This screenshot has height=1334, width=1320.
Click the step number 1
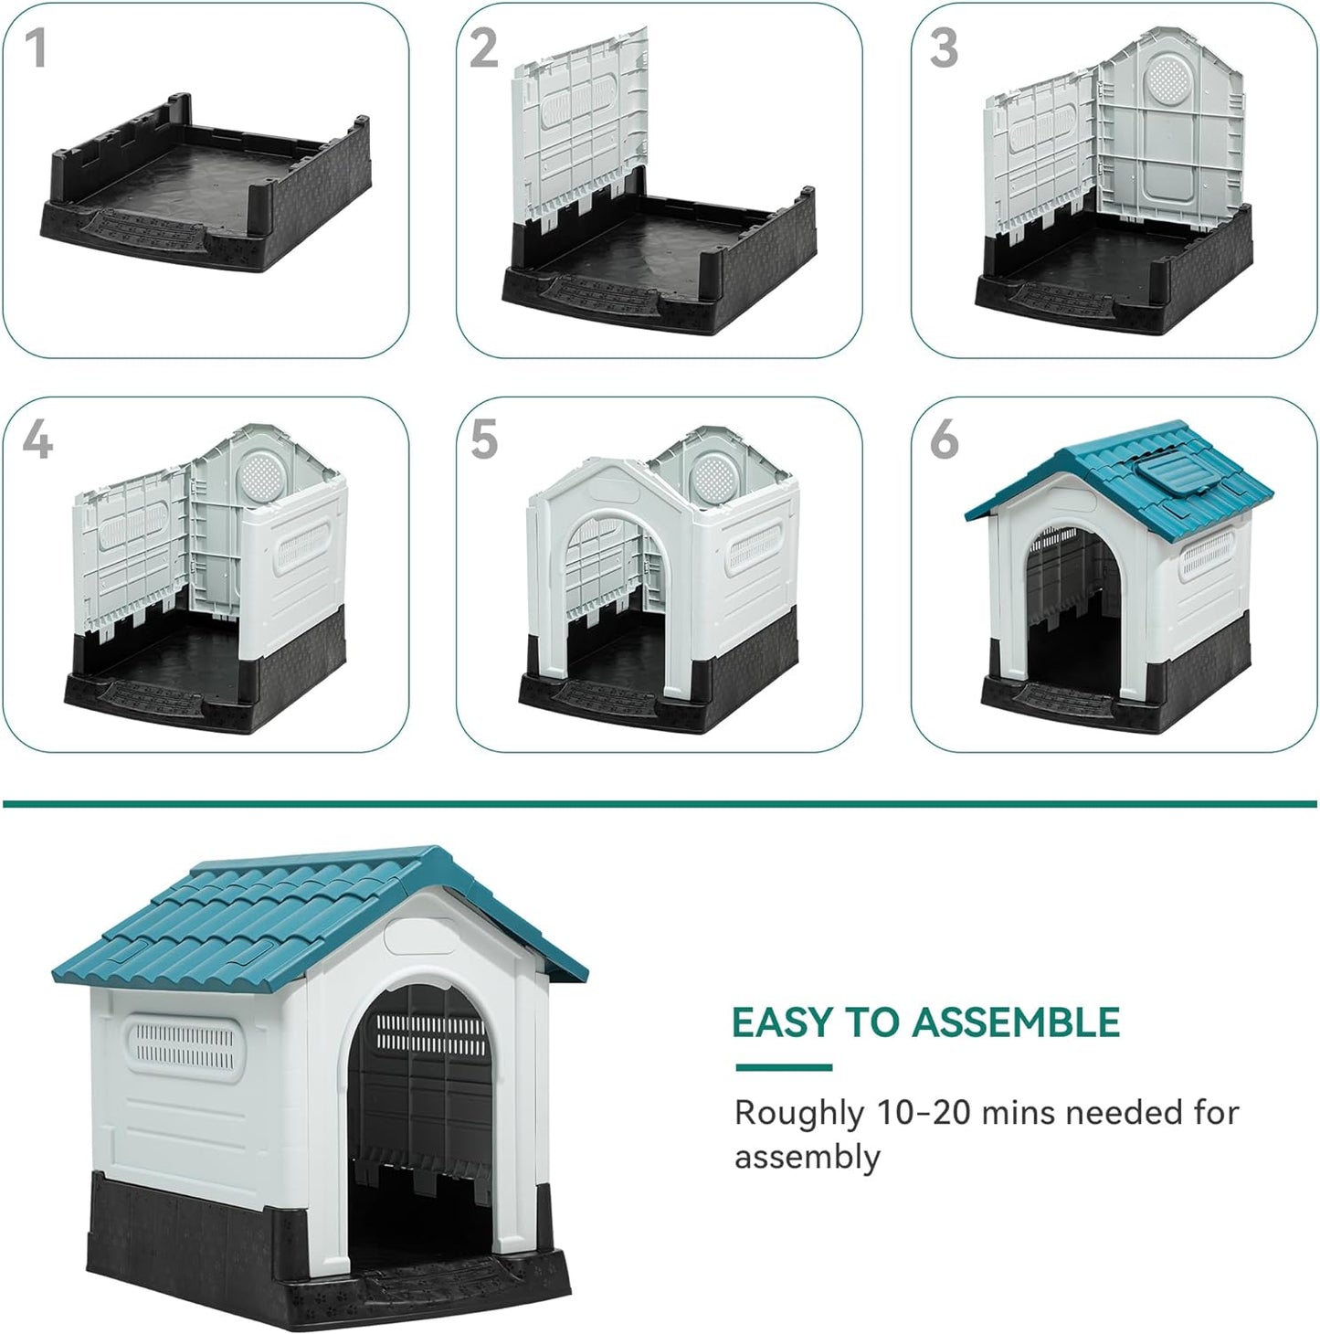pos(35,49)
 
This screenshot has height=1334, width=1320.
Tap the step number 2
pos(483,49)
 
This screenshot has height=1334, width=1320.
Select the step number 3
pos(944,49)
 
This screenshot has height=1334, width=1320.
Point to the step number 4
pos(37,441)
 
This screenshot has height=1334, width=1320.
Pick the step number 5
pos(484,441)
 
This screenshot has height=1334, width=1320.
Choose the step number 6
pos(944,441)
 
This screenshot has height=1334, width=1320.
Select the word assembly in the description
pos(808,1157)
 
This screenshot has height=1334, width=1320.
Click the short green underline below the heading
pos(784,1067)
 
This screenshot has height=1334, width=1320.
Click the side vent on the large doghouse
pos(185,1047)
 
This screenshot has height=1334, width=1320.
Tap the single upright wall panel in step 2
pos(580,123)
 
